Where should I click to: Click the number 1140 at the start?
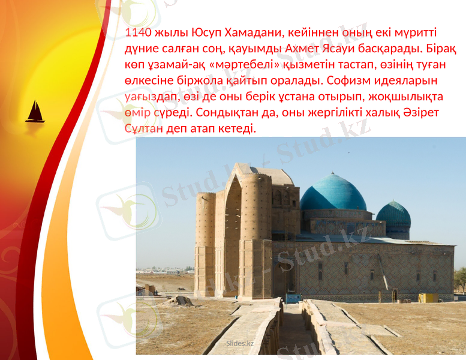click(137, 32)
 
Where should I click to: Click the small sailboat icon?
click(35, 112)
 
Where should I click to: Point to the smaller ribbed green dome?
click(393, 214)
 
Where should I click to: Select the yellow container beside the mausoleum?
click(428, 298)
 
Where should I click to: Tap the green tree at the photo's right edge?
click(460, 279)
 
